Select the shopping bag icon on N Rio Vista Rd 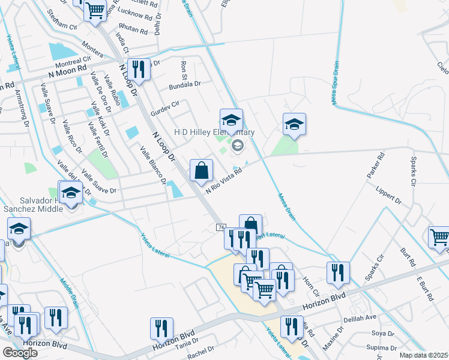[x=201, y=170]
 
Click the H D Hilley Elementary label [x=214, y=132]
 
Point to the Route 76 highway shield [x=221, y=227]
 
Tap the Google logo [x=20, y=353]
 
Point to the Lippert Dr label [x=388, y=196]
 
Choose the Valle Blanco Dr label [x=154, y=165]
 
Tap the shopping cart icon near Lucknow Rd [x=95, y=10]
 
